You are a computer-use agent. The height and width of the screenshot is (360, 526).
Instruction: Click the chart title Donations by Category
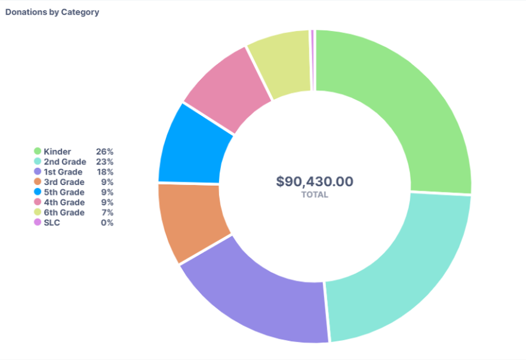52,12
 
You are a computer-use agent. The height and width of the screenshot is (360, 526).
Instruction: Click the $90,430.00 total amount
315,181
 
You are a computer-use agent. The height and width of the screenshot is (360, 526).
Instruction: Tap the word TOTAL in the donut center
315,195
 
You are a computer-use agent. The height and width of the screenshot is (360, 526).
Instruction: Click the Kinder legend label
57,152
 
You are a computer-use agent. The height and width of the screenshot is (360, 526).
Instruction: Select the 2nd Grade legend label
64,162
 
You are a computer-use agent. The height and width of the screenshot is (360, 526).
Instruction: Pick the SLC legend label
52,223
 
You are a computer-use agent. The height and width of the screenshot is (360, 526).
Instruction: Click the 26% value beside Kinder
104,152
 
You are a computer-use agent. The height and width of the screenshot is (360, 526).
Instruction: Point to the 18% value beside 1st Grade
104,172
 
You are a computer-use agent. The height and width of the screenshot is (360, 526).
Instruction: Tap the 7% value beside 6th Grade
107,213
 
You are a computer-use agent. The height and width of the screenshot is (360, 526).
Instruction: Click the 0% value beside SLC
107,223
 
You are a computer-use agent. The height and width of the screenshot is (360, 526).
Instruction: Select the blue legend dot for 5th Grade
38,192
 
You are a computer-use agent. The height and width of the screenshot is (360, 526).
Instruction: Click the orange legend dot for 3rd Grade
38,182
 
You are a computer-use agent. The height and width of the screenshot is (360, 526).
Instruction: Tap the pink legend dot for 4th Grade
38,202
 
